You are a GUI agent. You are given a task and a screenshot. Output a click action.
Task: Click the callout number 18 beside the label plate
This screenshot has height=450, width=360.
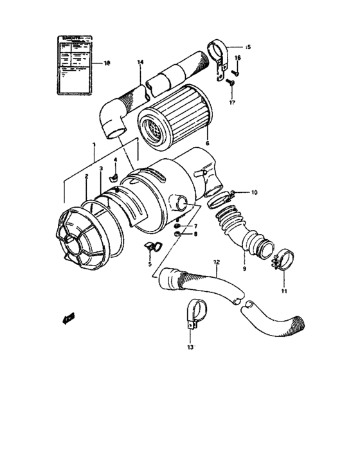pos(107,64)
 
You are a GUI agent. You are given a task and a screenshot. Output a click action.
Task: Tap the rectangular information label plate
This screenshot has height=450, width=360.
pos(73,64)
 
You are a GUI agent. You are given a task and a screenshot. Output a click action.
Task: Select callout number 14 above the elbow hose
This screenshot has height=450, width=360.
pos(141,62)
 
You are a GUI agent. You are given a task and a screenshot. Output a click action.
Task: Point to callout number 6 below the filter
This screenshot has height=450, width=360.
pos(207,143)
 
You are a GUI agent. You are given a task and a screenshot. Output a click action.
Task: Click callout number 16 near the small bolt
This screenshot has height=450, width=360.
pos(237,59)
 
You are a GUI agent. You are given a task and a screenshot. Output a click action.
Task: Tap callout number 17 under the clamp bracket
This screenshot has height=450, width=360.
pos(233,102)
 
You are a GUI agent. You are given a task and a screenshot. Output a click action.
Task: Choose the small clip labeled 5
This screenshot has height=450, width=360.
pos(152,246)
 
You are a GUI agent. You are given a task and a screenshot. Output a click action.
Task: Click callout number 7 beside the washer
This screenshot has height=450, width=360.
pos(196,226)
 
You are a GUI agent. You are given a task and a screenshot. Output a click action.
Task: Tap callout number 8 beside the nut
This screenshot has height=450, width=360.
pos(196,235)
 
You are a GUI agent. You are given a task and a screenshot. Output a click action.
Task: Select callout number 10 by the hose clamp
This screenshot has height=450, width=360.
pos(253,192)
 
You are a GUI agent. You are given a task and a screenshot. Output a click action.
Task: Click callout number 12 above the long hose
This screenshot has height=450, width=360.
pos(216,262)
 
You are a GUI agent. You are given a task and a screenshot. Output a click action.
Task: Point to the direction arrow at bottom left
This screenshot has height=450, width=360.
pos(68,317)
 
